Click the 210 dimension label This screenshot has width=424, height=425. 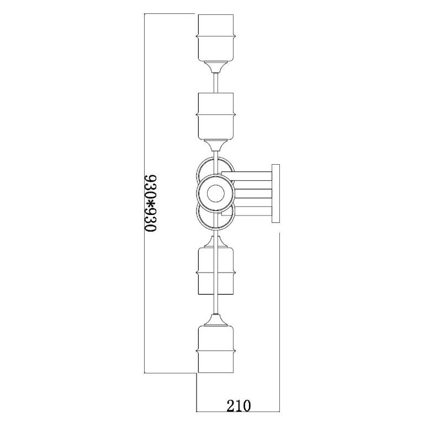point(239,406)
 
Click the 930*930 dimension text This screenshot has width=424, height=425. point(150,203)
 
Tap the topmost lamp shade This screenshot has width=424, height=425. point(215,38)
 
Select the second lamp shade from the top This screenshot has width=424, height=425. point(215,116)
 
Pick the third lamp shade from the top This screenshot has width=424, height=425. point(215,271)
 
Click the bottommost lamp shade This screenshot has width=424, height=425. point(215,349)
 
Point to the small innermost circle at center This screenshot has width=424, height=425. point(216,193)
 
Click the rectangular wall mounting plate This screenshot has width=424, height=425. point(275,193)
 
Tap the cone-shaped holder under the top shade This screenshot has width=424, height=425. point(215,67)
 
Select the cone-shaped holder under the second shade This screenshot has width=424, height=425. point(215,145)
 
